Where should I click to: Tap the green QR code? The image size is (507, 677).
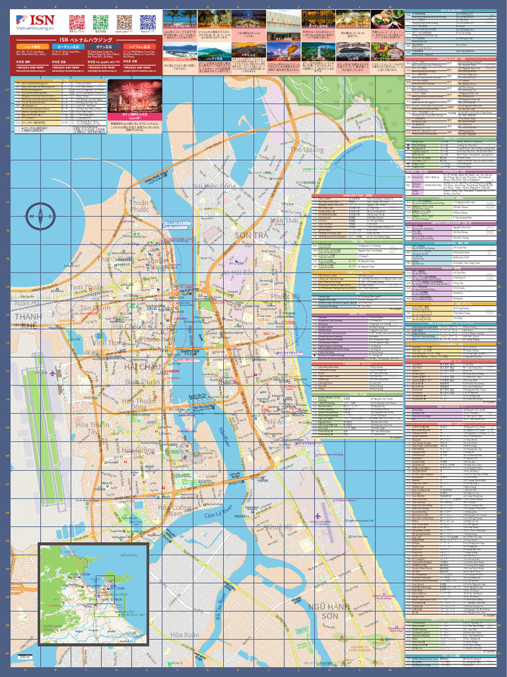pyautogui.click(x=100, y=22)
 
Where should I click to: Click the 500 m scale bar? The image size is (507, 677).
pyautogui.click(x=24, y=658)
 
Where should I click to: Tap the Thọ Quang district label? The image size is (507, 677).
pyautogui.click(x=306, y=149)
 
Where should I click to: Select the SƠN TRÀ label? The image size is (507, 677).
pyautogui.click(x=252, y=235)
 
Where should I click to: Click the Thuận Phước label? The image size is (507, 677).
pyautogui.click(x=139, y=206)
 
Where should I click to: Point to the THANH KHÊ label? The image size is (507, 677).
pyautogui.click(x=28, y=321)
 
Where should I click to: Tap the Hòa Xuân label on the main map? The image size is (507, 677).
pyautogui.click(x=185, y=635)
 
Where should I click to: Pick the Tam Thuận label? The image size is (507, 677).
pyautogui.click(x=87, y=288)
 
